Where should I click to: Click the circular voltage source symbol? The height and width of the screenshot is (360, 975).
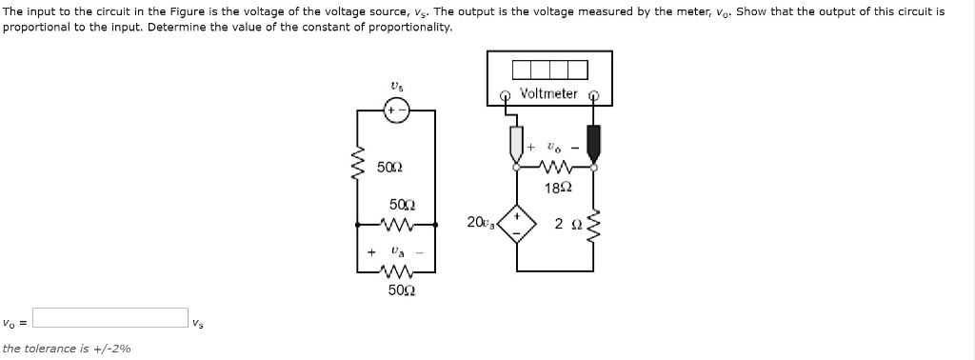tap(396, 111)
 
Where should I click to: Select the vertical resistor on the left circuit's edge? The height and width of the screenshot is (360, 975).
tap(359, 166)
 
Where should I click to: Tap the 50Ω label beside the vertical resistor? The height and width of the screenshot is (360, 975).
tap(388, 168)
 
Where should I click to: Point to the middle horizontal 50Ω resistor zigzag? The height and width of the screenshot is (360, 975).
tap(397, 226)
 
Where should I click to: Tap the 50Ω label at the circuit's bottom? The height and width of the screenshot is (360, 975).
tap(400, 290)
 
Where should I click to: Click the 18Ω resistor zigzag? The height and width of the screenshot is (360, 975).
tap(554, 168)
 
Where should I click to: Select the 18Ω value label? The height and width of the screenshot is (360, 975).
tap(558, 188)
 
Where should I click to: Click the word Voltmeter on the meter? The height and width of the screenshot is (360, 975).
tap(549, 93)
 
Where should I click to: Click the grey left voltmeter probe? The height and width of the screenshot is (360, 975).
tap(517, 142)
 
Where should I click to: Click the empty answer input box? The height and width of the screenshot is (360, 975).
tap(110, 317)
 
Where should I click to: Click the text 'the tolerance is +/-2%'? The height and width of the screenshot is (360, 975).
tap(67, 349)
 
